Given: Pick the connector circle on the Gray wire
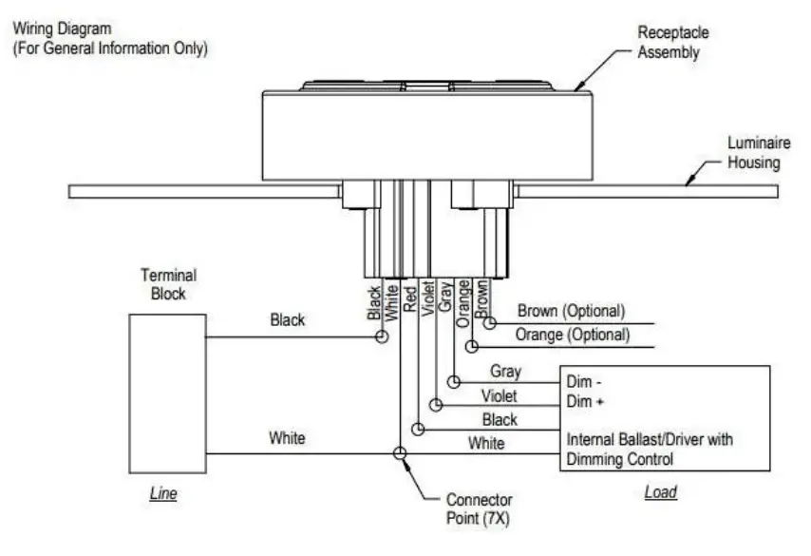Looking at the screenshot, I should (x=455, y=382).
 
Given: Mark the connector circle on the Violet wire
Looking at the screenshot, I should (x=437, y=406).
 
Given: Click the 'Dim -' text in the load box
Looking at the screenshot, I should (x=585, y=381).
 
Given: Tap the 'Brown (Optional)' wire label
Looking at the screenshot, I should (x=571, y=311).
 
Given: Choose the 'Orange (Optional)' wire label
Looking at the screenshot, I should (x=572, y=335).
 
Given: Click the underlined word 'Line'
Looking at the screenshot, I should (x=164, y=494).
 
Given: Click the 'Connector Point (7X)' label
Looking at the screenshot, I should (x=479, y=508).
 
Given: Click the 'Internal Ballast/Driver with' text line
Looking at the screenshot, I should (x=650, y=440).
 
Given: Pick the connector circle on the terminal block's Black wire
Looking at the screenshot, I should (x=381, y=336).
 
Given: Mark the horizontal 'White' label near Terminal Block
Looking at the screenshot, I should (x=287, y=438).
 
